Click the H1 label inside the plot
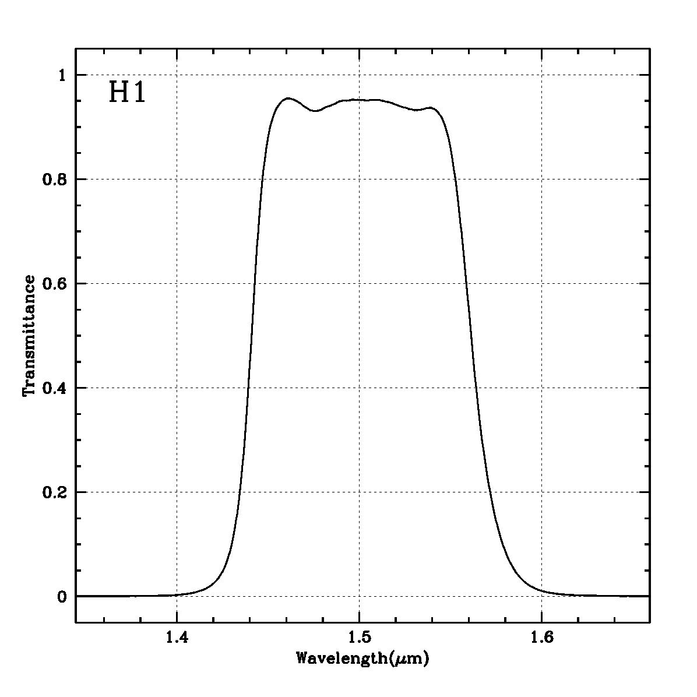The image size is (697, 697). [127, 93]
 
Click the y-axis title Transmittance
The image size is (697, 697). [29, 336]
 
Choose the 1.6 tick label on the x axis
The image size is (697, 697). [541, 638]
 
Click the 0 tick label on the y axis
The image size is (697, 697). [62, 596]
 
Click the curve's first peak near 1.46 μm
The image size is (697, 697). [287, 98]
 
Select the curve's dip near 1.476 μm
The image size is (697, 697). [315, 111]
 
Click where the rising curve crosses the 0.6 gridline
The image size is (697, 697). [254, 283]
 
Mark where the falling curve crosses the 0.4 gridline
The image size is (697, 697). [476, 388]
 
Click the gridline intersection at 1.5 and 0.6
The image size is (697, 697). [359, 283]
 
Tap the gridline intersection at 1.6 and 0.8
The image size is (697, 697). [541, 179]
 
